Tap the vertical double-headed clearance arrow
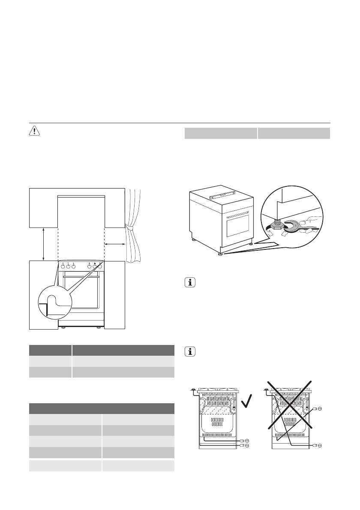(44, 244)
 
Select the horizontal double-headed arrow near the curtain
(115, 244)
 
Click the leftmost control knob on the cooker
(63, 266)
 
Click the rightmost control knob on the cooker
(99, 266)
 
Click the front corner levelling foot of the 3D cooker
(220, 255)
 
